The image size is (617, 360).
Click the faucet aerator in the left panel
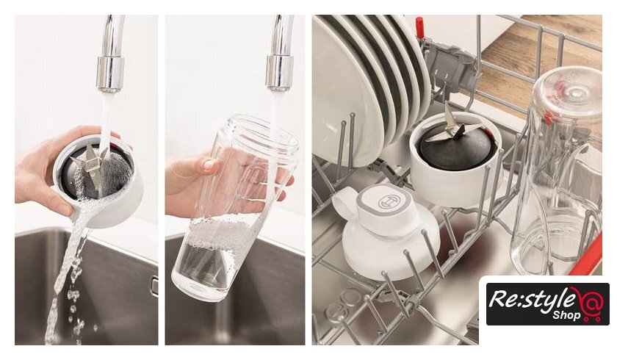110,74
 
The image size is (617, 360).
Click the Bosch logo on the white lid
387,202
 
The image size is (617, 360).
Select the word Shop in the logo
566,315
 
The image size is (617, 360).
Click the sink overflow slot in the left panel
155,286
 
